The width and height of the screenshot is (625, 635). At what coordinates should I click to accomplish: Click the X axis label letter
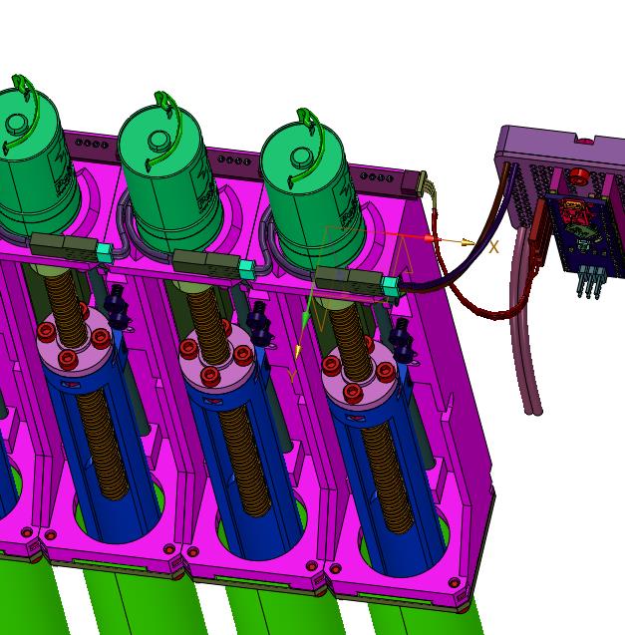click(493, 247)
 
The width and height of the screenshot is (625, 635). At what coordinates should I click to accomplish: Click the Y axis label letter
click(292, 376)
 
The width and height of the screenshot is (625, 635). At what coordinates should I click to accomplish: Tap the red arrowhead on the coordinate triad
click(429, 238)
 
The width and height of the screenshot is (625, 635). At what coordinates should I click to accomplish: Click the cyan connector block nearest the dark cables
click(390, 286)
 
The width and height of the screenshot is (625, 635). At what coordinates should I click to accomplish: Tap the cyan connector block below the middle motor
click(246, 269)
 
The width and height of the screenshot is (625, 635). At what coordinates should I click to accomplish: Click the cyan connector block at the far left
click(105, 252)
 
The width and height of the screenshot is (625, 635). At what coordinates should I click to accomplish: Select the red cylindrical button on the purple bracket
click(579, 176)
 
